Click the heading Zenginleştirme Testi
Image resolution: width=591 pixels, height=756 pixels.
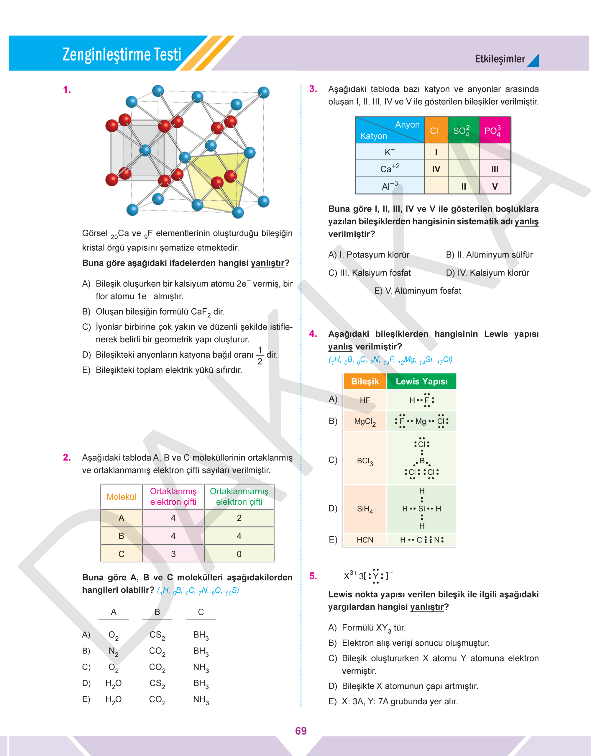(122, 54)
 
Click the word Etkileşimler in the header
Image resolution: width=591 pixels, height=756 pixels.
(500, 59)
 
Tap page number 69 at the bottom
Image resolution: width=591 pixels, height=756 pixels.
(301, 731)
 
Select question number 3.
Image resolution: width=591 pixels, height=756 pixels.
(313, 89)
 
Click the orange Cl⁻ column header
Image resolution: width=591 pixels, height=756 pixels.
(436, 130)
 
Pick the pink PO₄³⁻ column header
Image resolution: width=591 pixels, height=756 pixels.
(495, 130)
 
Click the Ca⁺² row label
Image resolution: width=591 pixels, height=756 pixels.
(390, 169)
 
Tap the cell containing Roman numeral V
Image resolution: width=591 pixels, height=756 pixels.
(495, 186)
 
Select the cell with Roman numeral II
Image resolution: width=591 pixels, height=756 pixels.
(464, 186)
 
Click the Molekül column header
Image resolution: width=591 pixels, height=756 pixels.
(121, 497)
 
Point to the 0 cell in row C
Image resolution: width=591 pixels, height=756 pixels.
(239, 554)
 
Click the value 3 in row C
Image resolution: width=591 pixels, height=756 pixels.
(173, 554)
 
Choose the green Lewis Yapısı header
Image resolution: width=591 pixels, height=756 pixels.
(421, 382)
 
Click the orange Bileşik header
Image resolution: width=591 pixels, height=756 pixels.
(365, 382)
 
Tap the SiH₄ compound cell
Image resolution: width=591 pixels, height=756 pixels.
(365, 509)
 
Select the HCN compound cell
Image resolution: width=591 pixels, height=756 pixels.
(365, 540)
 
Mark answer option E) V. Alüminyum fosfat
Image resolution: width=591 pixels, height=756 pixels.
(417, 291)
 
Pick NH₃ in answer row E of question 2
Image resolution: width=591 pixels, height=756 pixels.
(201, 700)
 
